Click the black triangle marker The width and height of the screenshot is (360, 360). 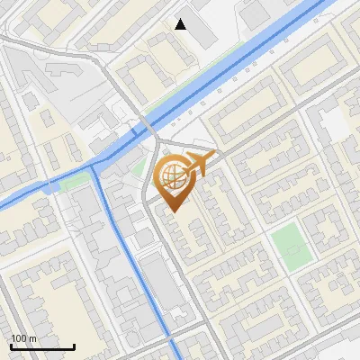[181, 24]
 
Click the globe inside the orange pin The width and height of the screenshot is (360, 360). [172, 175]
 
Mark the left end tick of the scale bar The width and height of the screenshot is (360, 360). [11, 346]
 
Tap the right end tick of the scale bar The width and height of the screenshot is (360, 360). [74, 346]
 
